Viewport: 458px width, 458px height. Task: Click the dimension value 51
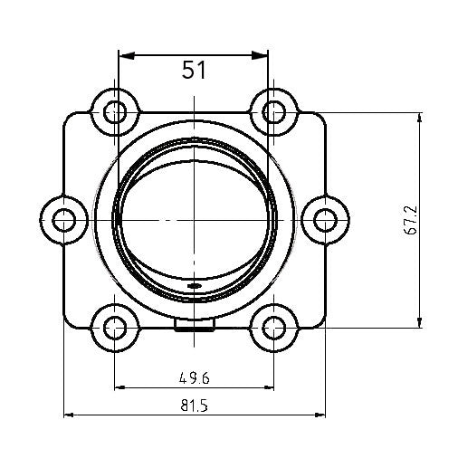click(195, 72)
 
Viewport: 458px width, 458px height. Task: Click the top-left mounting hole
click(114, 112)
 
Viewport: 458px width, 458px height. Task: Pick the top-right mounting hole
click(273, 112)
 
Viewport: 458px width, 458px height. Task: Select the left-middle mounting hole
click(64, 219)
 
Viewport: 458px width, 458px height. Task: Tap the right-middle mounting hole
click(323, 219)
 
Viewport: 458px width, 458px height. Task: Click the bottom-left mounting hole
click(114, 327)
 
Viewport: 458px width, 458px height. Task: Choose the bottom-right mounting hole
click(273, 327)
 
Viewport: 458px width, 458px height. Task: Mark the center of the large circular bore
click(194, 219)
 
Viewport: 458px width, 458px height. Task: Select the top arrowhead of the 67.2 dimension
click(421, 119)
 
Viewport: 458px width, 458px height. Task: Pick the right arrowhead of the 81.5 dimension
click(320, 415)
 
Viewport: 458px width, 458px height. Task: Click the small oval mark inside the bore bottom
click(194, 286)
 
